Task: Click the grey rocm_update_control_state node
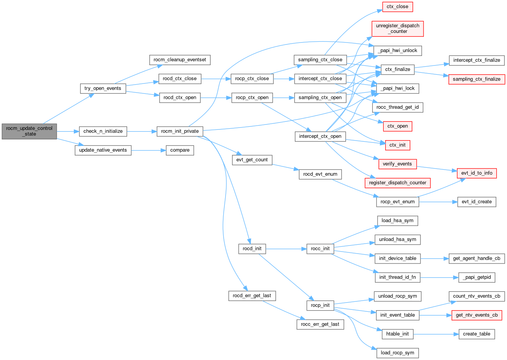[29, 131]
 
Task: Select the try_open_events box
[103, 88]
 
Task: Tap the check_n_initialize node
[103, 131]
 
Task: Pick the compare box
[180, 150]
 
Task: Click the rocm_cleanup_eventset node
[180, 60]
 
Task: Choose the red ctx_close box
[397, 7]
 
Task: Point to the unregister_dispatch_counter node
[397, 28]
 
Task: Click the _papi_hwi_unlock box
[397, 50]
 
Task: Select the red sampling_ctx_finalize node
[477, 79]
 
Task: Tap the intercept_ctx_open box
[320, 136]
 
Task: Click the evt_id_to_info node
[477, 173]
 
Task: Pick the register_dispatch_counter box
[397, 183]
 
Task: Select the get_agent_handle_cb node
[477, 259]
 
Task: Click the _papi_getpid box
[477, 277]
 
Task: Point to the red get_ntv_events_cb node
[477, 315]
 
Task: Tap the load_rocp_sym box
[397, 353]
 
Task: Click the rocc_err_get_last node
[320, 324]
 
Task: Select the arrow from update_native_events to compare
[149, 150]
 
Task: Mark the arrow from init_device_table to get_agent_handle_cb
[435, 259]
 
